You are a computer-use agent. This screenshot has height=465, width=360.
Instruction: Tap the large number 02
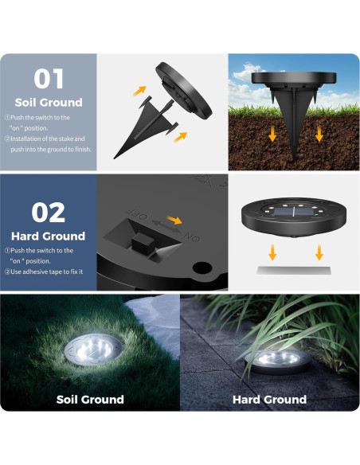(48, 212)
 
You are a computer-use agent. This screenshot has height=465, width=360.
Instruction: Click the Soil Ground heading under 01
(48, 103)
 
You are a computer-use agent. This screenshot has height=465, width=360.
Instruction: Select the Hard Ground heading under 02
(48, 236)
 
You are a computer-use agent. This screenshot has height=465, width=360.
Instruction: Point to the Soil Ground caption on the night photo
(90, 399)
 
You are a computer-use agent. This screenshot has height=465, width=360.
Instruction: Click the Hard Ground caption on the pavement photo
(269, 399)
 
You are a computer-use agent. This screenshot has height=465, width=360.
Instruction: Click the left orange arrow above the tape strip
(272, 252)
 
